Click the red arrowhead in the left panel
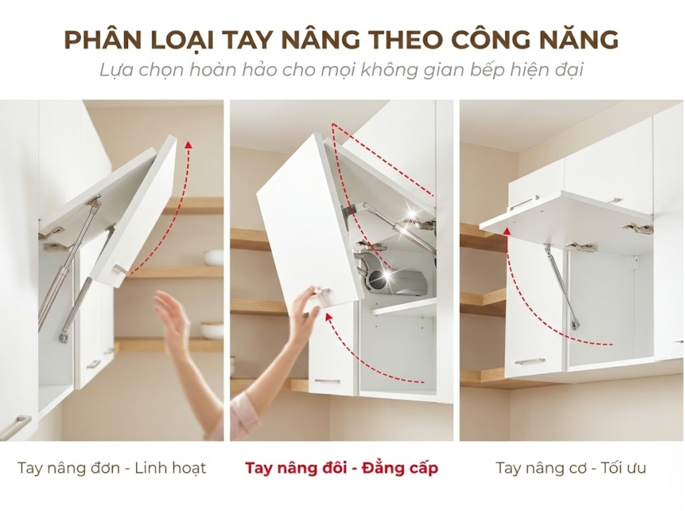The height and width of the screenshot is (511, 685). point(188,145)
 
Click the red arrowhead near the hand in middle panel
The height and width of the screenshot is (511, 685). point(329,317)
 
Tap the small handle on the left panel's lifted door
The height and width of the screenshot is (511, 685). point(120,269)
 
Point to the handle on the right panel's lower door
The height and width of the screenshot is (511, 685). point(529,361)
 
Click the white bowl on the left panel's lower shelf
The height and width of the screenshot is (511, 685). point(212,331)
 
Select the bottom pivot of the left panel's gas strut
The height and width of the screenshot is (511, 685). point(63,337)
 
